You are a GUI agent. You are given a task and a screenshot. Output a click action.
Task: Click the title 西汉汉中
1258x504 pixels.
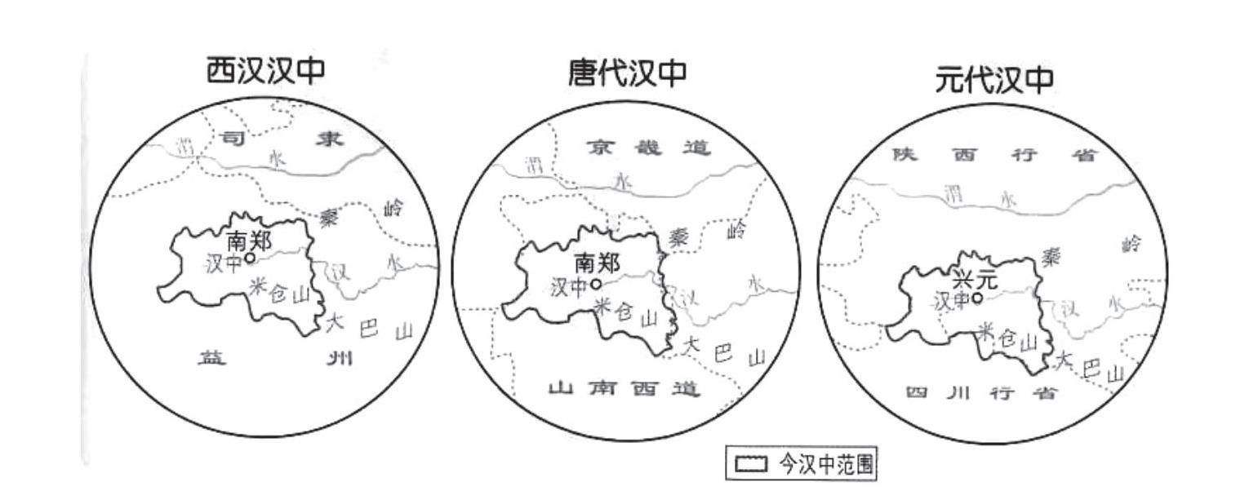click(265, 71)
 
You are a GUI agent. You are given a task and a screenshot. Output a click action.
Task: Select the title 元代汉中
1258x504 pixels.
click(994, 79)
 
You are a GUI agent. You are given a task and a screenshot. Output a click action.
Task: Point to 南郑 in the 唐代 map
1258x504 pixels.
click(597, 263)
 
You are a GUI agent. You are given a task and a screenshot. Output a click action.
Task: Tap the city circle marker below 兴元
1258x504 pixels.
click(976, 298)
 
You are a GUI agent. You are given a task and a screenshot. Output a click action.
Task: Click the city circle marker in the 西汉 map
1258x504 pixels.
click(250, 258)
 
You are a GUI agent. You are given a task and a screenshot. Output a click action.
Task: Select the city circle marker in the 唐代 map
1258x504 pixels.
click(597, 284)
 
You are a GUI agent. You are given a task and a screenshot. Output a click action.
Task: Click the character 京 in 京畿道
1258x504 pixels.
click(598, 148)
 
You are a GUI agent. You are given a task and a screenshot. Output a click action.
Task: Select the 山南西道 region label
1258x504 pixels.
click(624, 389)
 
